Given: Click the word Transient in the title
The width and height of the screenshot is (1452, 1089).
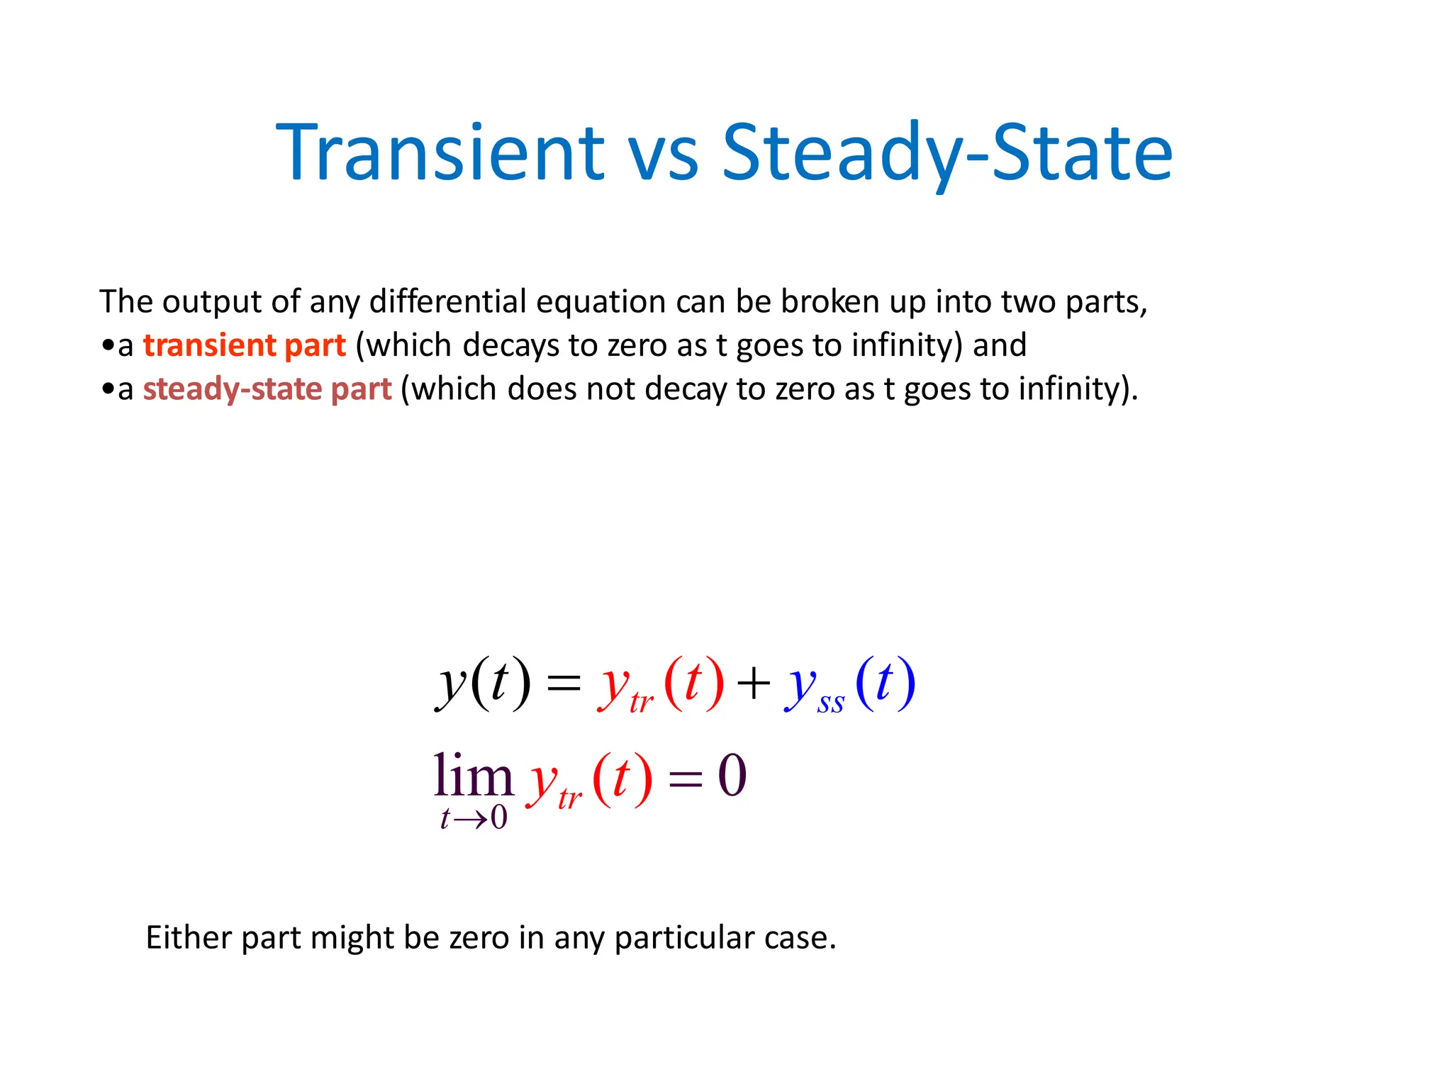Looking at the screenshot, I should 440,153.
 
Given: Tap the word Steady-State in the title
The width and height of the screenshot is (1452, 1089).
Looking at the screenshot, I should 947,153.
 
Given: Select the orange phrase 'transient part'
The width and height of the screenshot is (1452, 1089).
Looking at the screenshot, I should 244,346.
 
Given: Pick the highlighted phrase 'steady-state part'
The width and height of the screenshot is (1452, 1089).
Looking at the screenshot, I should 267,389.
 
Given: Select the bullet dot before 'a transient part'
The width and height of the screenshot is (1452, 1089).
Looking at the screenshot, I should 107,346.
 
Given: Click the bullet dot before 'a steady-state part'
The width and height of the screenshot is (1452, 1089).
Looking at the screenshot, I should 107,389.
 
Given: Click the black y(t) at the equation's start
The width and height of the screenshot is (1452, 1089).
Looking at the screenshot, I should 483,683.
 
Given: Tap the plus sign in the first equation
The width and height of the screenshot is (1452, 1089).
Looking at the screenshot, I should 753,685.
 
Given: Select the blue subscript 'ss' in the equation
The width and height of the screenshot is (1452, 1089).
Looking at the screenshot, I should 830,704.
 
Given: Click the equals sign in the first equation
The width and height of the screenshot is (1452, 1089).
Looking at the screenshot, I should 564,685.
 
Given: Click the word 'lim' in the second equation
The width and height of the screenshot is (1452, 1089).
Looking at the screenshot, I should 473,776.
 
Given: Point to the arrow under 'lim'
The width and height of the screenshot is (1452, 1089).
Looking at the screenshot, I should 470,820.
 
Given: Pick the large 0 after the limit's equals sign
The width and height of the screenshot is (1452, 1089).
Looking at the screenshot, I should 732,776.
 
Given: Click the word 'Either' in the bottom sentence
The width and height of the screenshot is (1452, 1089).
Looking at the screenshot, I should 188,938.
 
